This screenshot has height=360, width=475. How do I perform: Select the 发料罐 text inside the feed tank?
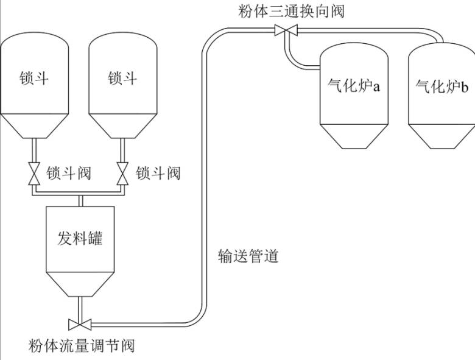[80, 237]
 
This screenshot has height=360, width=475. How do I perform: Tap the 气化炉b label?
[442, 87]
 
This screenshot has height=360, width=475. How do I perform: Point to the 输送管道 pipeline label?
[248, 256]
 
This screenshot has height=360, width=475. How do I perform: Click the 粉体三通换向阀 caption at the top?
[292, 11]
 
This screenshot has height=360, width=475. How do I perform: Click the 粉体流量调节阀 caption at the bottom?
[82, 347]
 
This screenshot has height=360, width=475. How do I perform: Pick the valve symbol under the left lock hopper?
[34, 174]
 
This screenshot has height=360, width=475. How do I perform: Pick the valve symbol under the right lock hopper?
[123, 174]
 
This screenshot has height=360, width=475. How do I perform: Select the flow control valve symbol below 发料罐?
[80, 323]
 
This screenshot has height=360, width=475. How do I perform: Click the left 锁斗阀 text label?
[69, 174]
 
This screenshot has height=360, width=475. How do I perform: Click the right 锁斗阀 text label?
[158, 174]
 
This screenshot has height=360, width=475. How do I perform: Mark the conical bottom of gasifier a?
[354, 135]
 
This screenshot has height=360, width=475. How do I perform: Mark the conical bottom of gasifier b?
[441, 135]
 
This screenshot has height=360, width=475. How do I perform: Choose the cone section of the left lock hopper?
[33, 126]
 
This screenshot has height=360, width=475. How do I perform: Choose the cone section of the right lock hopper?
[122, 126]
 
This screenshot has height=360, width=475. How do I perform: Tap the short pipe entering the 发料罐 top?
[80, 201]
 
